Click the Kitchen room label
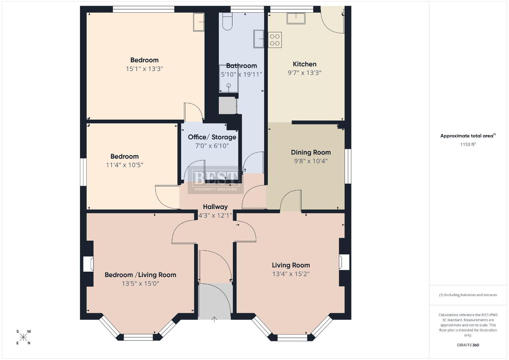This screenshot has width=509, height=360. (x=305, y=64)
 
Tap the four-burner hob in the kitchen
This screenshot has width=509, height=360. (x=275, y=40)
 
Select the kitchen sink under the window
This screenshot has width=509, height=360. (x=296, y=18)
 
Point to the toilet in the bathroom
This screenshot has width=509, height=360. (x=227, y=21)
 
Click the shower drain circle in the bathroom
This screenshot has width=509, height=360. (x=229, y=85)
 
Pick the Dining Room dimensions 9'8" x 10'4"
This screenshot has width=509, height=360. (x=311, y=161)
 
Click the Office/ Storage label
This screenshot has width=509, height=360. (x=212, y=137)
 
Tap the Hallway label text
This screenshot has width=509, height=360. (x=215, y=207)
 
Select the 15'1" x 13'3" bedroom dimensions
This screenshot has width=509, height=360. (x=144, y=69)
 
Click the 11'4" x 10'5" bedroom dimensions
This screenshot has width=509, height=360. (x=124, y=165)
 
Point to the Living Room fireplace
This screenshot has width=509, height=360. (x=344, y=262)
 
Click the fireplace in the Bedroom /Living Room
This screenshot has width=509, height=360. (x=88, y=264)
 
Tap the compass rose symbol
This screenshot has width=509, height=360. (x=23, y=337)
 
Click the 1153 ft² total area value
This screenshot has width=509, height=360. (x=468, y=144)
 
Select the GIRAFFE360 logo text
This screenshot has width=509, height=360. (x=468, y=345)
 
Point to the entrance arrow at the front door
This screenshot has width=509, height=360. (x=214, y=319)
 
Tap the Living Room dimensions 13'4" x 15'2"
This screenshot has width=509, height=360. (x=291, y=274)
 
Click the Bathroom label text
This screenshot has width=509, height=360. (x=241, y=66)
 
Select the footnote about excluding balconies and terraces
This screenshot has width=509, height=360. (x=468, y=295)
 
